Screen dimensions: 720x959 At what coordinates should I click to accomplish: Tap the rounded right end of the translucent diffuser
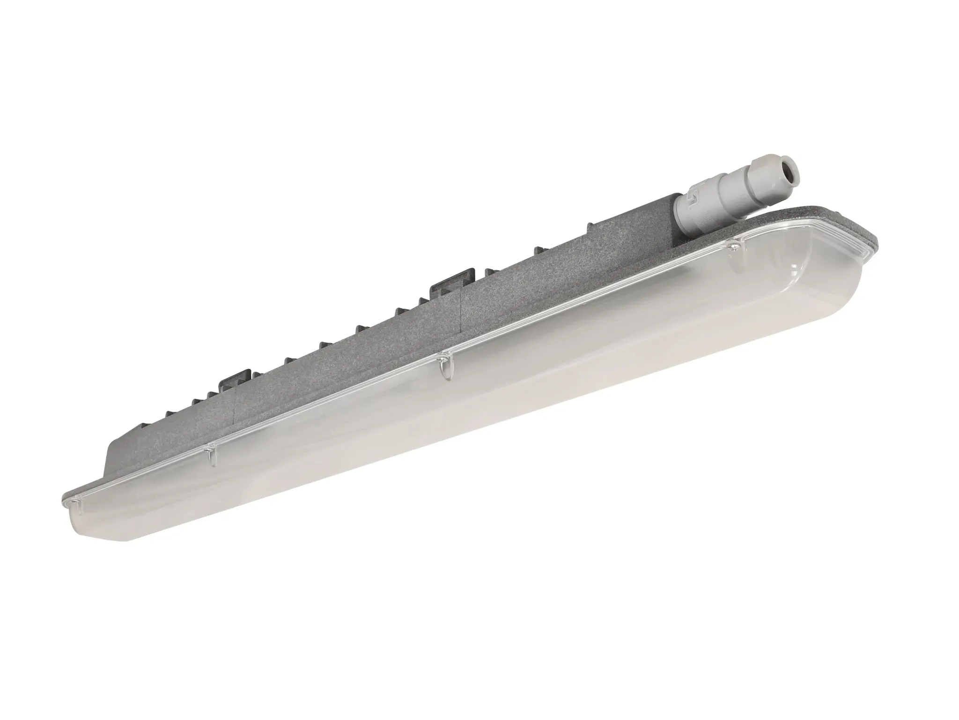[838, 286]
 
